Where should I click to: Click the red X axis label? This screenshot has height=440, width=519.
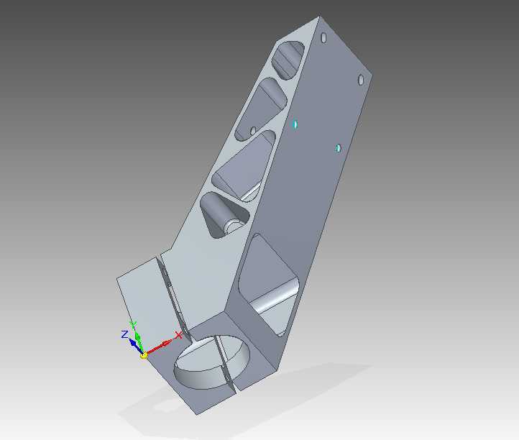point(178,335)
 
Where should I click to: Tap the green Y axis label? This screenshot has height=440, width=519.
point(134,324)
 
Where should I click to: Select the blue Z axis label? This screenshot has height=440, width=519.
point(124,334)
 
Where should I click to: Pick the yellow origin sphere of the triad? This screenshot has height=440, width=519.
point(144,356)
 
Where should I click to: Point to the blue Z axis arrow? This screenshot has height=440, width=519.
point(136,347)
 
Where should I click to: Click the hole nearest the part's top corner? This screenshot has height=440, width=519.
point(323,37)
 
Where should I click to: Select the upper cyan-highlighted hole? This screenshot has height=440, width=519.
point(295,124)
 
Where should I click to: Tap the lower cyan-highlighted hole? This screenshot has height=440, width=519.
point(338,148)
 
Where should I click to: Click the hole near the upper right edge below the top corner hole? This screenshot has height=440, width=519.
point(361,80)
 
